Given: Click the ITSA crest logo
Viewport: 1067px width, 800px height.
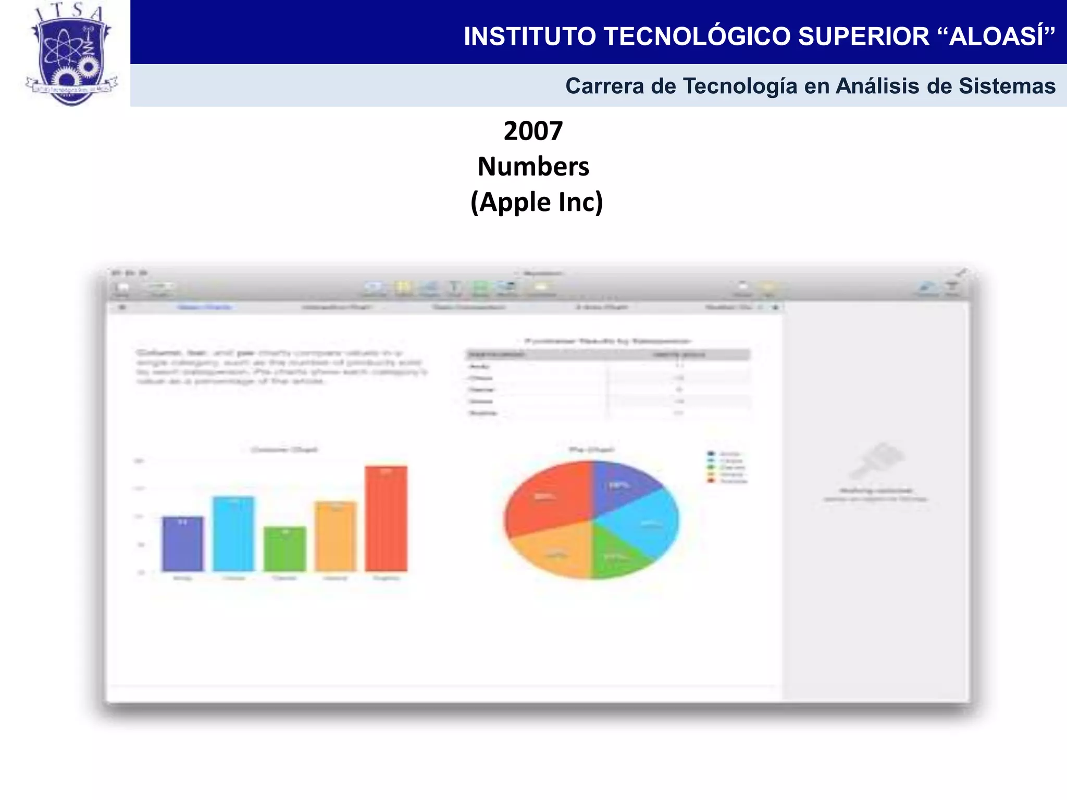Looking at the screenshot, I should pyautogui.click(x=72, y=55).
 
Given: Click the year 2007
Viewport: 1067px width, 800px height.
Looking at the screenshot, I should pyautogui.click(x=533, y=131).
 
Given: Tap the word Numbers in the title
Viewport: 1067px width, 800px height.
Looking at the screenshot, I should pyautogui.click(x=533, y=167).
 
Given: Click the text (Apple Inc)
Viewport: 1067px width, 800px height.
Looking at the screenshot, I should pyautogui.click(x=537, y=202).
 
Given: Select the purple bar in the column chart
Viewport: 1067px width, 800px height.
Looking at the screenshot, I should pyautogui.click(x=182, y=544).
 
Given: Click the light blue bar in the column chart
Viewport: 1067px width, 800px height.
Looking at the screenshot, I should pyautogui.click(x=233, y=534).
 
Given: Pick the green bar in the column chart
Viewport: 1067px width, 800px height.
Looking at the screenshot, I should pyautogui.click(x=284, y=549).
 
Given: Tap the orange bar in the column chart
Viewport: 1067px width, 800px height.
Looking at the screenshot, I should pyautogui.click(x=336, y=536).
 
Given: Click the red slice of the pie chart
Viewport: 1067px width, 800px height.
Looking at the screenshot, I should pyautogui.click(x=547, y=495).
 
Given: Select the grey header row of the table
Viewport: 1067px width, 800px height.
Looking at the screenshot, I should pyautogui.click(x=607, y=355).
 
